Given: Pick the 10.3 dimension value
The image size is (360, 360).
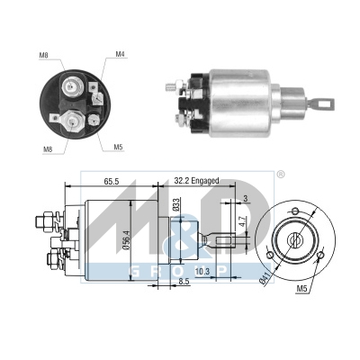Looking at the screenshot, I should tap(202, 270).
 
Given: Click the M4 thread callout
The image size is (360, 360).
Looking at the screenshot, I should tap(120, 55).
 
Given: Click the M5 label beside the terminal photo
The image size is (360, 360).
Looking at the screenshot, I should tap(119, 146).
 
